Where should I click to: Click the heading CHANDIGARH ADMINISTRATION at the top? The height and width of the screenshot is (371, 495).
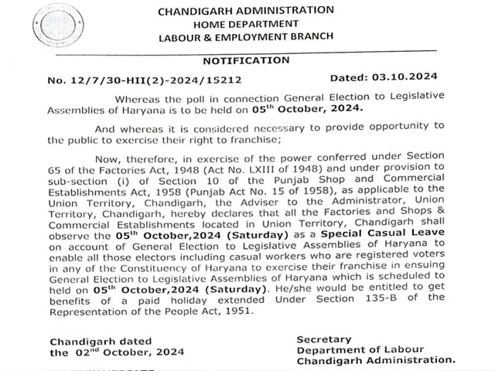click(x=246, y=11)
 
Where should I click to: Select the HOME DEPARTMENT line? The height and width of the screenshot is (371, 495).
click(x=245, y=24)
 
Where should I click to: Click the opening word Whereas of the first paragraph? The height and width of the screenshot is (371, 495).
click(x=138, y=98)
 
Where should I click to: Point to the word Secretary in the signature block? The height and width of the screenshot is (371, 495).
click(x=323, y=339)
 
